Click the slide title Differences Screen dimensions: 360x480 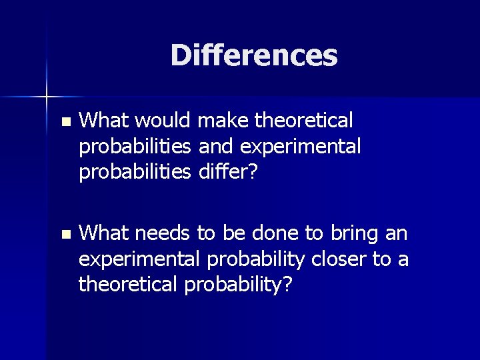pos(253,55)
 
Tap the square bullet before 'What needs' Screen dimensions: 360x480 pos(64,235)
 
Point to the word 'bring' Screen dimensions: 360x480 pos(358,234)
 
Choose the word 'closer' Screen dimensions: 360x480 pos(335,259)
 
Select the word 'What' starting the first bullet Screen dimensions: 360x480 pos(103,121)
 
